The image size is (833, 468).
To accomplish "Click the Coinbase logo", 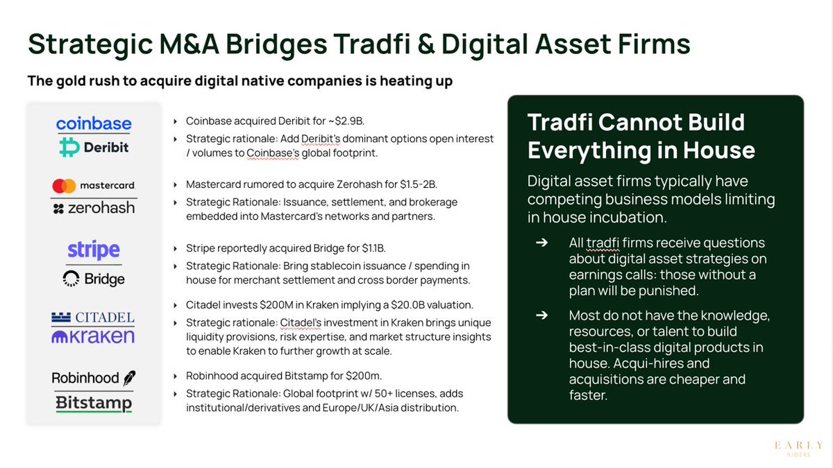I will pyautogui.click(x=94, y=124).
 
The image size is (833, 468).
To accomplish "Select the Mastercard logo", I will pyautogui.click(x=94, y=186).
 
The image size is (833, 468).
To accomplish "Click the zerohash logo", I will pyautogui.click(x=94, y=207).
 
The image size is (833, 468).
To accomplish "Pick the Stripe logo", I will pyautogui.click(x=94, y=250).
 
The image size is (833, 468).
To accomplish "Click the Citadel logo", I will pyautogui.click(x=94, y=318).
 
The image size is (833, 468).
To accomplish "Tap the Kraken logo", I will pyautogui.click(x=94, y=337).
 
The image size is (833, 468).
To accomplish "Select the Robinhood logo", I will pyautogui.click(x=94, y=378).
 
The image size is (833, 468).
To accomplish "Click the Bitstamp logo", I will pyautogui.click(x=94, y=402).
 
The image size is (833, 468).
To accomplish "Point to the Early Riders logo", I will pyautogui.click(x=799, y=447).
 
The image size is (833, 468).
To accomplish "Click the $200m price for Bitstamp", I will pyautogui.click(x=363, y=376).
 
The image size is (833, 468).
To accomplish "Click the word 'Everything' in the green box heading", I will pyautogui.click(x=591, y=149).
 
